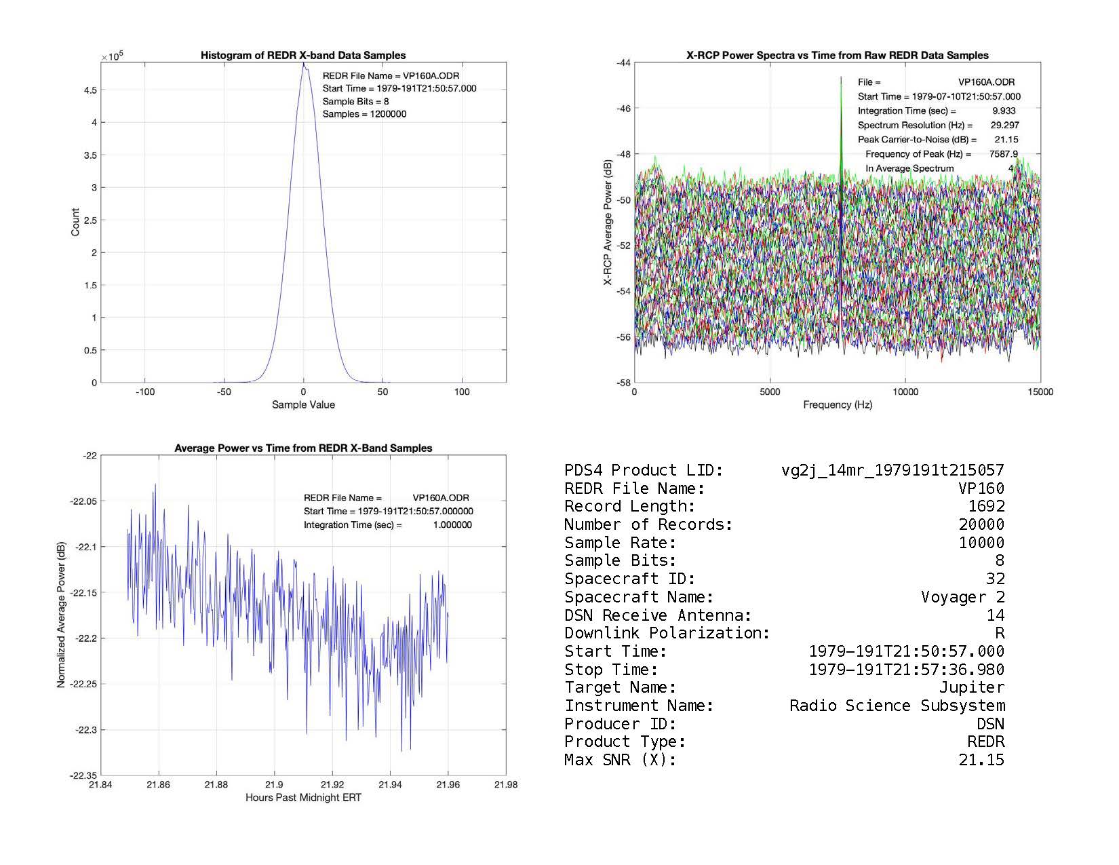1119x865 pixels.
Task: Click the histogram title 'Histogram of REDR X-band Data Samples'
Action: tap(303, 56)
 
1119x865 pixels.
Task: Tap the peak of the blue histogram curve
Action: tap(304, 64)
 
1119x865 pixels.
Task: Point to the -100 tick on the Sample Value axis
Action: tap(145, 392)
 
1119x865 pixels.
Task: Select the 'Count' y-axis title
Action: tap(75, 222)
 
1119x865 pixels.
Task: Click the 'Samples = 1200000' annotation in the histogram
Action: tap(364, 114)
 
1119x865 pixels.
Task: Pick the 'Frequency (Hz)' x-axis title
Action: tap(838, 405)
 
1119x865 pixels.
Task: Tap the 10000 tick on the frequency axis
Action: tap(905, 392)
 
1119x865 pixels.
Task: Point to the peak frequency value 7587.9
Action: tap(1003, 154)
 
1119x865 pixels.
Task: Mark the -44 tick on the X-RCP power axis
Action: tap(623, 63)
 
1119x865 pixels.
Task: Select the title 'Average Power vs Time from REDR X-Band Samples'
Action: tap(303, 448)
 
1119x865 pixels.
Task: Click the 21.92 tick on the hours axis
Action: tap(332, 785)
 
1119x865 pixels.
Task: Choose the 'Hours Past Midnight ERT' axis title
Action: tap(303, 798)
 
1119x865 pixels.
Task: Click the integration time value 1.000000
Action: tap(452, 525)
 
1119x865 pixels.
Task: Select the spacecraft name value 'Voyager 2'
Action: tap(962, 597)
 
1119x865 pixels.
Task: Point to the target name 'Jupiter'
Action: tap(971, 687)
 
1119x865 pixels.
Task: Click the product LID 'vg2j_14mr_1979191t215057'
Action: tap(892, 470)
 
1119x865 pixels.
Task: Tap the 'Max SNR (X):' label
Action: tap(620, 760)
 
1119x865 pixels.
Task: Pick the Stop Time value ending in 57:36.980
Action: tap(907, 670)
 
